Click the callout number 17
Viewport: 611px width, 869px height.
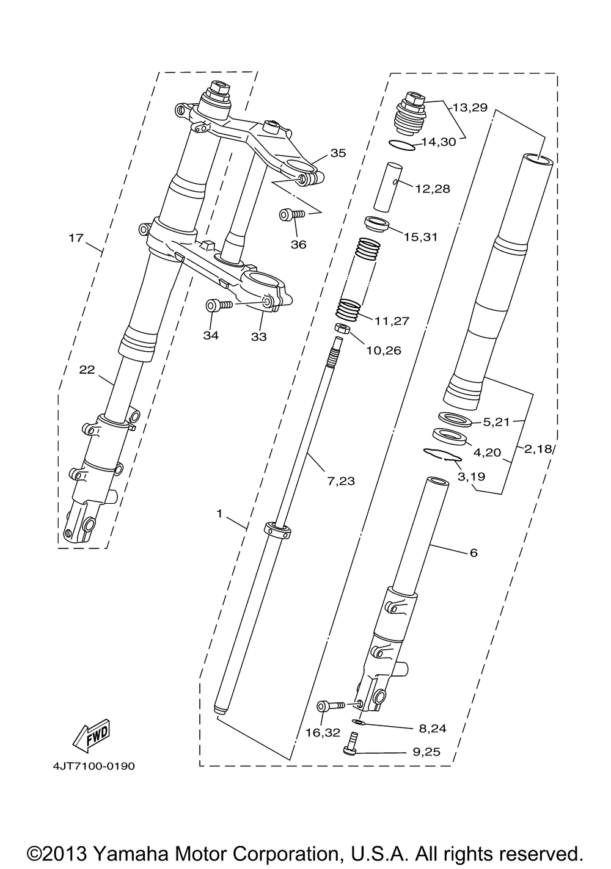tap(75, 238)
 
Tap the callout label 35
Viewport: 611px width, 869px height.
tap(338, 153)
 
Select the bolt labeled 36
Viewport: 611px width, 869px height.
tap(291, 214)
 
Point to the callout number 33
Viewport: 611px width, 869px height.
tap(259, 336)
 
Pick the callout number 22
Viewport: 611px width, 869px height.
tap(87, 370)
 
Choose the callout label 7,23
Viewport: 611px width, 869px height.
tap(340, 481)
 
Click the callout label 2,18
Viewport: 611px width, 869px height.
tap(538, 449)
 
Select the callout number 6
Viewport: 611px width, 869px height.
tap(474, 553)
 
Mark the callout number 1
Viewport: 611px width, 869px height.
tap(219, 514)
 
